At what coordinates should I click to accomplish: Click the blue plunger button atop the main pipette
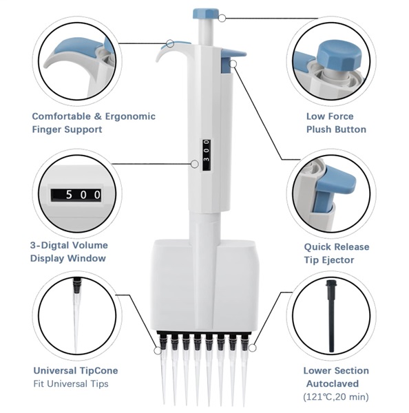[x=206, y=14]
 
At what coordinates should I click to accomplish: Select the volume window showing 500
[x=76, y=195]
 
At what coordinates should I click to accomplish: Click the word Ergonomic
[x=130, y=116]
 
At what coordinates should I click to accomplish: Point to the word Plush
[x=319, y=129]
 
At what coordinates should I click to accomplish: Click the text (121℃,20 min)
[x=336, y=396]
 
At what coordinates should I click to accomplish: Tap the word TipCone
[x=98, y=370]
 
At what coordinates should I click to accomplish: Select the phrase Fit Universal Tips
[x=71, y=384]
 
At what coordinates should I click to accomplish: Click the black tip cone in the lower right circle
[x=331, y=316]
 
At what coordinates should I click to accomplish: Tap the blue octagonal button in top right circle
[x=339, y=56]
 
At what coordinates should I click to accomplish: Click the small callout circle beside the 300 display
[x=194, y=164]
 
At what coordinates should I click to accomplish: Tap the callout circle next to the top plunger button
[x=222, y=18]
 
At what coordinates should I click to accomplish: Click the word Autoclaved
[x=333, y=383]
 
